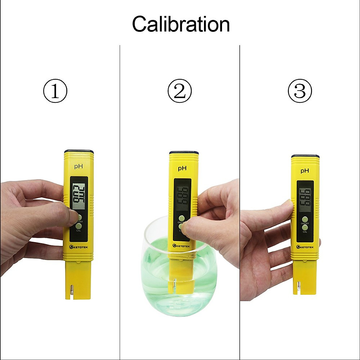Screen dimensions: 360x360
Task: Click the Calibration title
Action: point(181,24)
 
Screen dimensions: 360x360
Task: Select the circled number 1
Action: point(55,91)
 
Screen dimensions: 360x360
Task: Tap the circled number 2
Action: point(180,91)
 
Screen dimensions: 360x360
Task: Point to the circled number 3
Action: point(300,91)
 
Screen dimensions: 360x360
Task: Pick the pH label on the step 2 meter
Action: point(182,168)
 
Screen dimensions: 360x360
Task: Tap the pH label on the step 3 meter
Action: point(305,171)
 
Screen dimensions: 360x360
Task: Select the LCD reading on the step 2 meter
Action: point(182,195)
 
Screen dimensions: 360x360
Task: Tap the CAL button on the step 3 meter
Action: point(305,228)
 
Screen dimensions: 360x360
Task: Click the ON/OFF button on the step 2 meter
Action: point(181,218)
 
